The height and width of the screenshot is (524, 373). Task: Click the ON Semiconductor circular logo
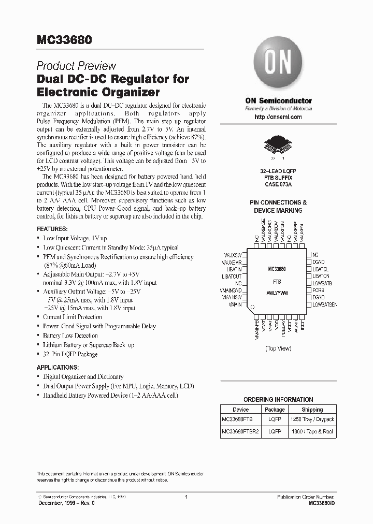[x=278, y=64]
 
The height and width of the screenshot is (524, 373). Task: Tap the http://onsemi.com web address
[x=278, y=118]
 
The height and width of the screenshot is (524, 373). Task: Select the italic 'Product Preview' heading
[x=76, y=66]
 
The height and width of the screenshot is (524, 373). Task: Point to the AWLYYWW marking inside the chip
[x=278, y=293]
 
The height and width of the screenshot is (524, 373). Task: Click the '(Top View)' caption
[x=278, y=348]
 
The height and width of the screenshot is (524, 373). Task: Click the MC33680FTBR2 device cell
[x=240, y=430]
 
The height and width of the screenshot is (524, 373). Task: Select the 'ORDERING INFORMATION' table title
[x=278, y=399]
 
